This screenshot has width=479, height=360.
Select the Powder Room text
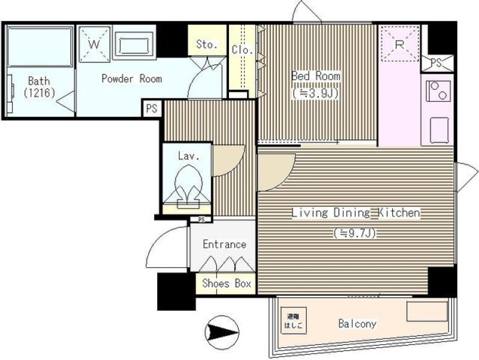132,78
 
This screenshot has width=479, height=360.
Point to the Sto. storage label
207,44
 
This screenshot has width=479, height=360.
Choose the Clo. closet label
242,50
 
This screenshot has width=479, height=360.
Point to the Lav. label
188,156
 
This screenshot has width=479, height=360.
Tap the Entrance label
224,244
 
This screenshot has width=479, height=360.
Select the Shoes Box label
226,283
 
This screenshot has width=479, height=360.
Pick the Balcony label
357,324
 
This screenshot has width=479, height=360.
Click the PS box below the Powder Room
152,109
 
